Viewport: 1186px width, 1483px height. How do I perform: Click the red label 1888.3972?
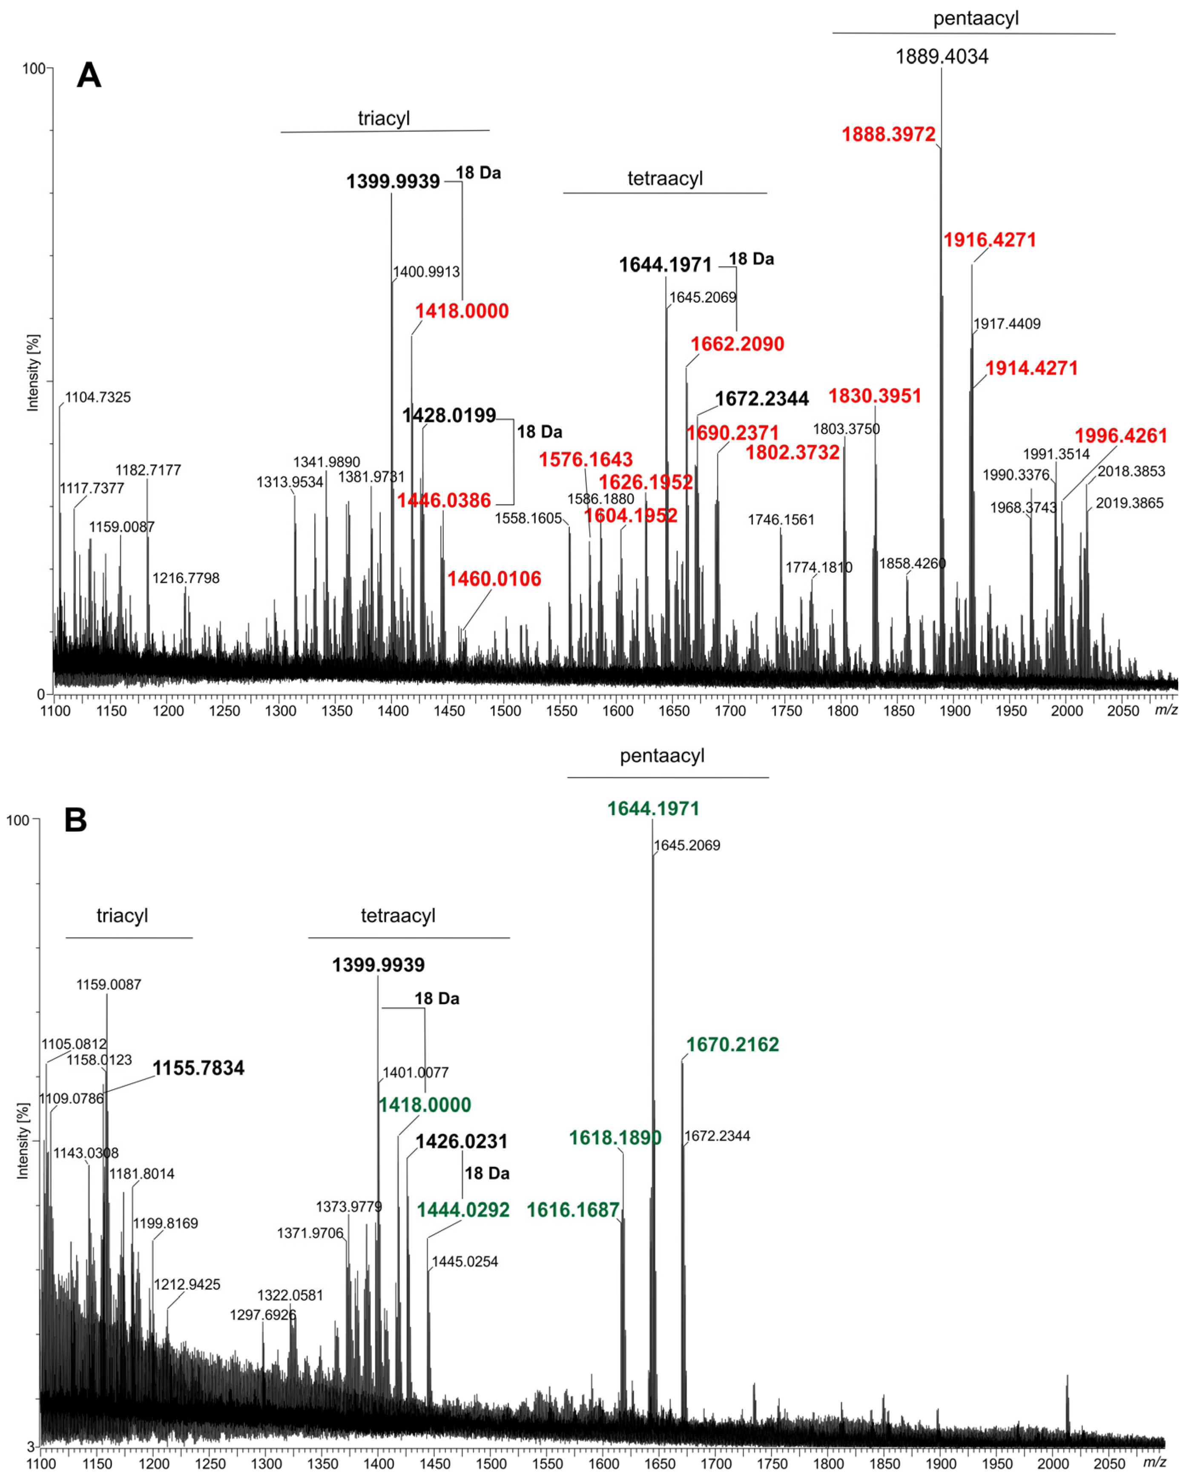coord(888,134)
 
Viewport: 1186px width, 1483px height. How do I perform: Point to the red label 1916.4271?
coord(989,240)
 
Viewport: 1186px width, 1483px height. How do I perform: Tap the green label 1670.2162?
coord(732,1044)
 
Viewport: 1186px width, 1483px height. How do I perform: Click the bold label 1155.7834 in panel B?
coord(198,1068)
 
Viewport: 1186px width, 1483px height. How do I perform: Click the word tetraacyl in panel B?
coord(398,915)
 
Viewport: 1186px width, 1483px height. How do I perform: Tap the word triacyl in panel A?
coord(383,118)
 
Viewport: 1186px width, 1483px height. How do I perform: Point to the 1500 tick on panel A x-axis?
coord(505,711)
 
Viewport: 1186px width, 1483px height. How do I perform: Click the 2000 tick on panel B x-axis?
coord(1053,1464)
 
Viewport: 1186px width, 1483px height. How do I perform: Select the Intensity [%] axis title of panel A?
coord(32,373)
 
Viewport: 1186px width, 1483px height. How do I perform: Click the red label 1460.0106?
coord(494,579)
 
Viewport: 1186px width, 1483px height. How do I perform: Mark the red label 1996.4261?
coord(1121,436)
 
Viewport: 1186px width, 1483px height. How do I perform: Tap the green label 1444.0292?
coord(463,1210)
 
